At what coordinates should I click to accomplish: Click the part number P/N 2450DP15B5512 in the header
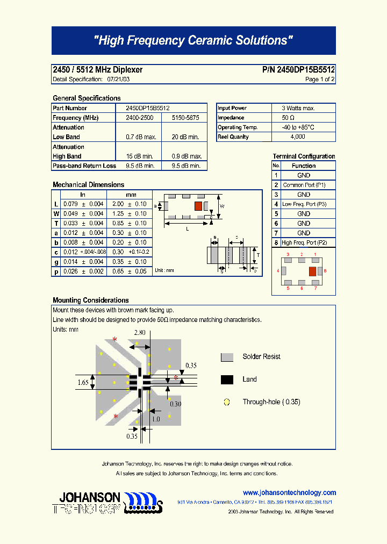298,70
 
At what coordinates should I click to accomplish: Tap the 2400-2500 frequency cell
139,118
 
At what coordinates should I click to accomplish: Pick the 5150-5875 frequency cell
185,118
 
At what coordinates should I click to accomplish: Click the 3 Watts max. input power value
298,108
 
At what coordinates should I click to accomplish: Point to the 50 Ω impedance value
288,118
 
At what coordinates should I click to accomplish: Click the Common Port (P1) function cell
304,185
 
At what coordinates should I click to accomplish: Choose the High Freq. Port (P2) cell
304,243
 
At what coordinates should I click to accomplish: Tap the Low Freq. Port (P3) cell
304,204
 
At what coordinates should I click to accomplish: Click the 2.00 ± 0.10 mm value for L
130,204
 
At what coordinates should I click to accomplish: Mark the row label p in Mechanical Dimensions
55,271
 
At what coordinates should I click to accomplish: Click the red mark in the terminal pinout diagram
312,271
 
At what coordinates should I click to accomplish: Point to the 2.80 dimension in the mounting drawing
140,333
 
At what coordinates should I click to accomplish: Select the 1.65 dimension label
83,382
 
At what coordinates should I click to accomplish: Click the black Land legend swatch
227,380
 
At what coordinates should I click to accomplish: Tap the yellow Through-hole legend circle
227,402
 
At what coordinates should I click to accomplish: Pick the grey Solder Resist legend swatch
227,357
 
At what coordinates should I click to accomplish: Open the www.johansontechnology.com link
289,492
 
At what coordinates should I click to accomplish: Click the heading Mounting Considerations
91,300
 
